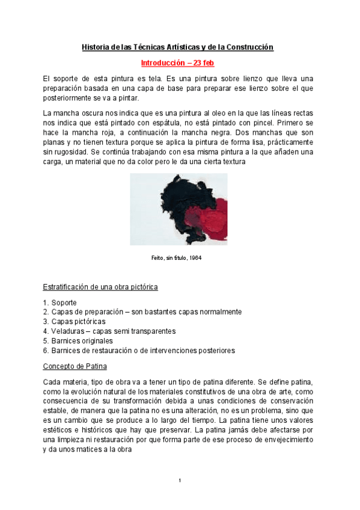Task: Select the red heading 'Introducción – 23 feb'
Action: click(x=178, y=63)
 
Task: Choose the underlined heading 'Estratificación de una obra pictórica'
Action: click(x=100, y=287)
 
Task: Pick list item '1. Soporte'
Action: click(x=60, y=303)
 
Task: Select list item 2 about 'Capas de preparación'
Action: click(x=142, y=312)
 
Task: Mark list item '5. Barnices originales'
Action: click(x=78, y=341)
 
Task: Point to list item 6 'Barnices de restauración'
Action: click(x=139, y=351)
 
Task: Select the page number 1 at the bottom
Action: click(x=180, y=480)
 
